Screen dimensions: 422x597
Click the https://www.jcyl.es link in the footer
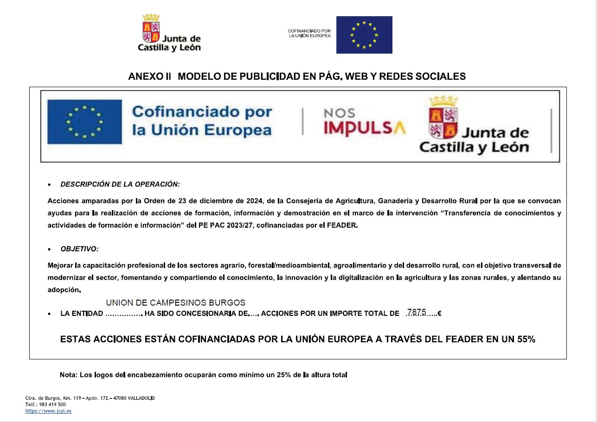[48, 411]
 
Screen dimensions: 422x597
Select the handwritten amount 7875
[416, 312]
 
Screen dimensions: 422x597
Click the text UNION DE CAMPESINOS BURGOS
[176, 303]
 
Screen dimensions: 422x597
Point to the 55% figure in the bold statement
[526, 339]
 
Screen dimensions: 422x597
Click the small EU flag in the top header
[364, 35]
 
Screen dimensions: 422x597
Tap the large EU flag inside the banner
[84, 122]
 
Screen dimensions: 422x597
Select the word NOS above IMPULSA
[339, 113]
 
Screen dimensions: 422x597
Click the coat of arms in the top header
[151, 28]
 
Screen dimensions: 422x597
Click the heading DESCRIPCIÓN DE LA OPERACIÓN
[120, 184]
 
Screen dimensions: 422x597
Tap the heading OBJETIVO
[79, 249]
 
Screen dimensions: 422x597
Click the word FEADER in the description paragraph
[343, 226]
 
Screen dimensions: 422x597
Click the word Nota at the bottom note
[68, 375]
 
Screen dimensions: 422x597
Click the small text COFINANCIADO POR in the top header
[309, 31]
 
